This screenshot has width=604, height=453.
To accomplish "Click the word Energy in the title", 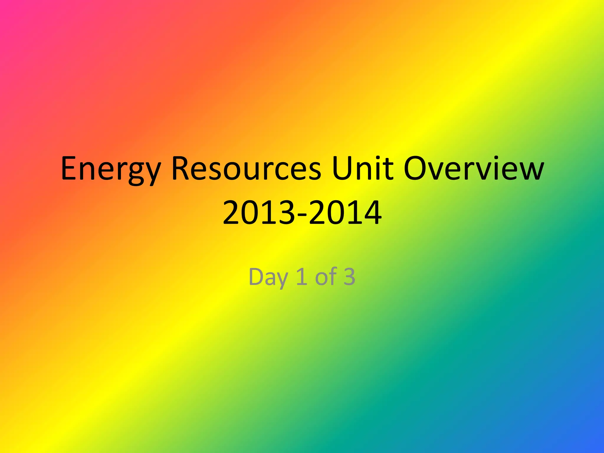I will tap(111, 170).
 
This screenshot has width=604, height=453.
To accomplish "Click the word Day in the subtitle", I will tap(268, 277).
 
